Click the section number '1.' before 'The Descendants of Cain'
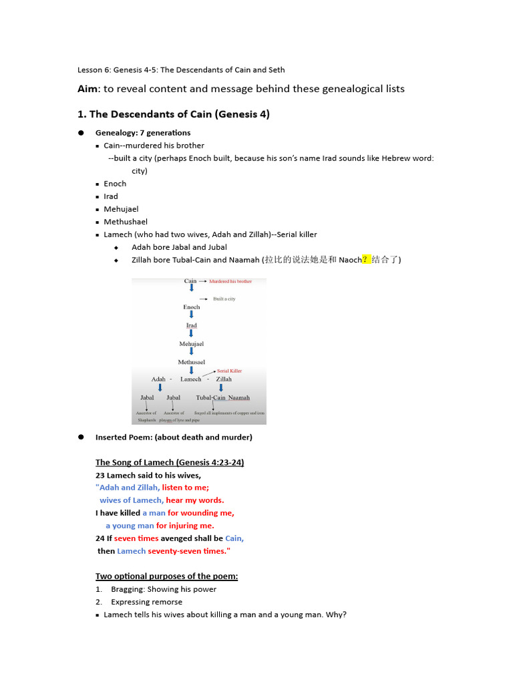click(x=82, y=114)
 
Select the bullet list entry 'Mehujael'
click(x=121, y=209)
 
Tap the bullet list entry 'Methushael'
click(x=126, y=222)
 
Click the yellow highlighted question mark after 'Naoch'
click(x=366, y=260)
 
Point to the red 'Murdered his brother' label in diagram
click(x=230, y=281)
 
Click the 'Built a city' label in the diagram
click(x=224, y=299)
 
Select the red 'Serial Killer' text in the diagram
click(x=229, y=371)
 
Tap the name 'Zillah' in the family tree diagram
click(x=224, y=379)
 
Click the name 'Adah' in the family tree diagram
click(x=158, y=379)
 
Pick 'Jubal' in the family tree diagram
click(x=173, y=397)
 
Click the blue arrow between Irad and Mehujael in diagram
click(x=192, y=334)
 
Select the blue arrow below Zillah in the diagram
click(x=221, y=388)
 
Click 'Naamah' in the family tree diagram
click(x=238, y=397)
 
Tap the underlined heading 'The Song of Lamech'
click(x=170, y=462)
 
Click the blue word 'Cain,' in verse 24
click(x=234, y=538)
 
